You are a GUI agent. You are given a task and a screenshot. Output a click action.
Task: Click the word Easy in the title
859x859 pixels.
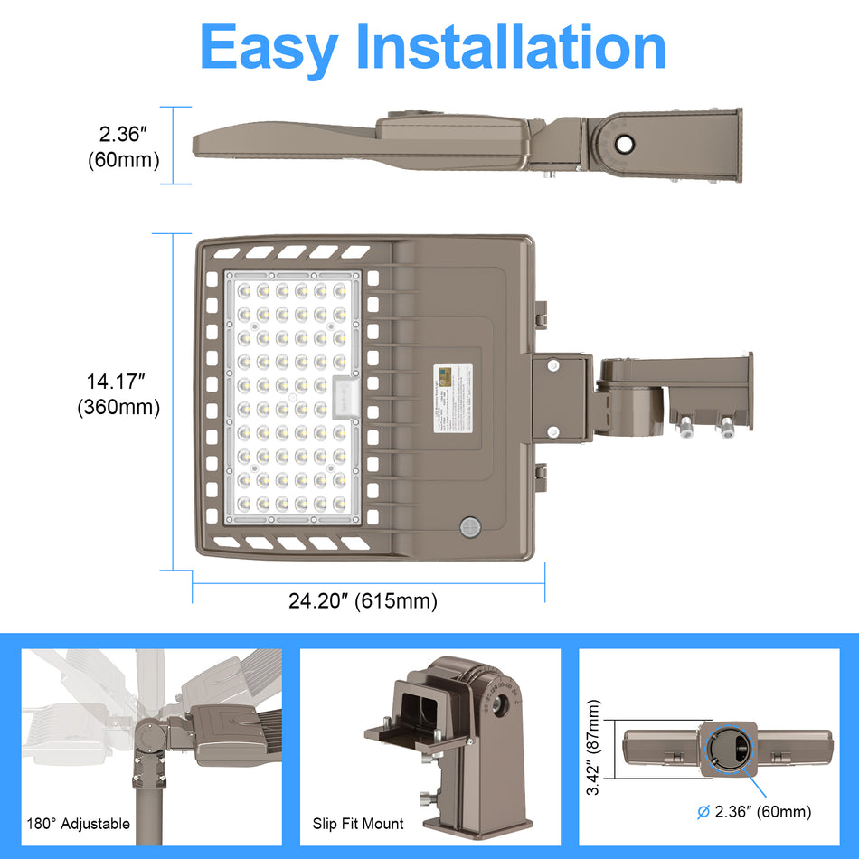269,46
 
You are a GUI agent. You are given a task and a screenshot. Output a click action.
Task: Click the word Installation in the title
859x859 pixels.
511,46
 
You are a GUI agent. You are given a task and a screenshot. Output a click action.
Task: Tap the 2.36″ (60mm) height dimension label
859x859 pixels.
124,147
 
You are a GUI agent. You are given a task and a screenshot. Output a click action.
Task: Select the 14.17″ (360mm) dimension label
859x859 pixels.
118,395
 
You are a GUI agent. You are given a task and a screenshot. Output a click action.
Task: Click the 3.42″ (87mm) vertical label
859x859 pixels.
593,749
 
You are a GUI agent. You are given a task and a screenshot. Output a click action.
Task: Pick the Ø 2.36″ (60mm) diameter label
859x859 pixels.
755,812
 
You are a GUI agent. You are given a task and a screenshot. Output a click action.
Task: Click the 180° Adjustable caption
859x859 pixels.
79,824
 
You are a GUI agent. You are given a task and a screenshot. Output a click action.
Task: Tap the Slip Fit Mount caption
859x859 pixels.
358,824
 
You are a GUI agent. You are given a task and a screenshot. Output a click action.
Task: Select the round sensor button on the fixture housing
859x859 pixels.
469,528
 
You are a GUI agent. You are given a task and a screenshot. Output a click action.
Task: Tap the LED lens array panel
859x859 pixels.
291,397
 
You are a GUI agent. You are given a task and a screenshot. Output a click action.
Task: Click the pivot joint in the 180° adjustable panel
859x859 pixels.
150,730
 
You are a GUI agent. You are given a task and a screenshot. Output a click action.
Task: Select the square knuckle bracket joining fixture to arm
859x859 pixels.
561,398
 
